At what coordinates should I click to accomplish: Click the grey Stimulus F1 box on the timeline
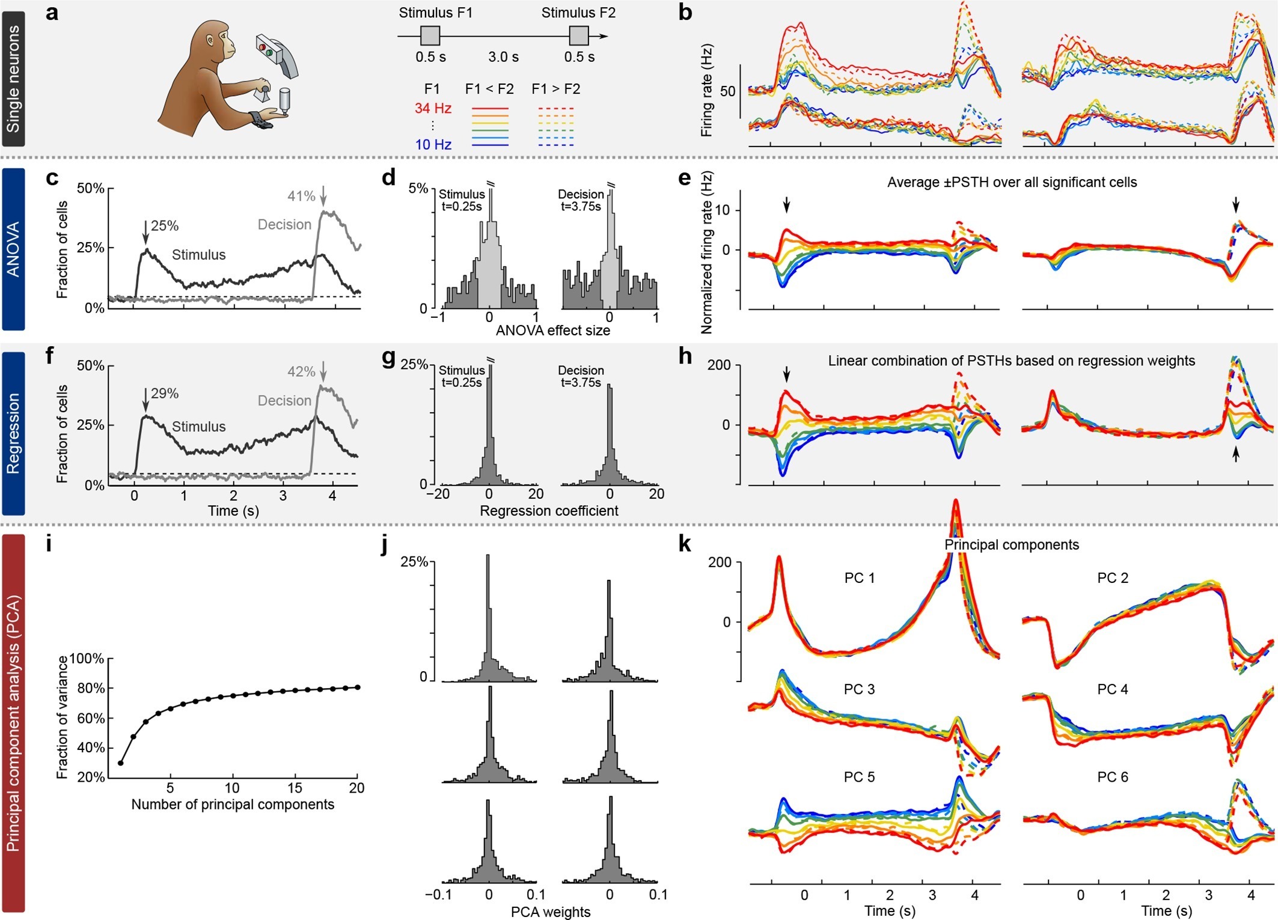(430, 36)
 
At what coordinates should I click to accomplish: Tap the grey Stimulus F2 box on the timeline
(579, 36)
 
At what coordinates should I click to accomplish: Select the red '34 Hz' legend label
(433, 109)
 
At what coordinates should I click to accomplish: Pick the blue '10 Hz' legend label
(433, 145)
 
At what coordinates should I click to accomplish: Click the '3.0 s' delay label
(503, 57)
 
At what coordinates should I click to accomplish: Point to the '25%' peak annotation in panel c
(165, 226)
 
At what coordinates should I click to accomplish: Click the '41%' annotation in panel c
(301, 196)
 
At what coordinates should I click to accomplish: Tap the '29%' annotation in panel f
(165, 394)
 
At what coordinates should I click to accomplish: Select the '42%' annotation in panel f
(301, 371)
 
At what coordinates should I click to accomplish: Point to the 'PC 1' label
(860, 578)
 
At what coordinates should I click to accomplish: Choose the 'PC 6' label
(1113, 777)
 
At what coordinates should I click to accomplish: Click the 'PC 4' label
(1113, 689)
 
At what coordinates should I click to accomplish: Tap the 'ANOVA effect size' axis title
(552, 331)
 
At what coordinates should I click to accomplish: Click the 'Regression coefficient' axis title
(549, 511)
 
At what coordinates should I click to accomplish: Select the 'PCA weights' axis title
(551, 912)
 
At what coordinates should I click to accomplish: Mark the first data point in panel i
(121, 763)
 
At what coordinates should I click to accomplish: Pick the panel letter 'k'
(684, 544)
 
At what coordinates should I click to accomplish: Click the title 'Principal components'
(1012, 544)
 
